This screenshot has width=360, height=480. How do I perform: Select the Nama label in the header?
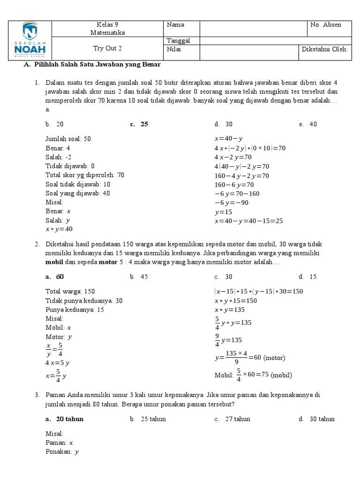175,25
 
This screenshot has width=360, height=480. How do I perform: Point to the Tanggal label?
179,41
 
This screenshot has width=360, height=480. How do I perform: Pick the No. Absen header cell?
325,25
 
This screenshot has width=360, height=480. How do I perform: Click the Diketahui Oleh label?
325,49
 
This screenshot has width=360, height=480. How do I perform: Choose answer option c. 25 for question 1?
140,124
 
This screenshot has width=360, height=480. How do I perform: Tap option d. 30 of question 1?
224,124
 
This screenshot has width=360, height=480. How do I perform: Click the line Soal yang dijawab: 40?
78,193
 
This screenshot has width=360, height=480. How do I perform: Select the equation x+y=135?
230,310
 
